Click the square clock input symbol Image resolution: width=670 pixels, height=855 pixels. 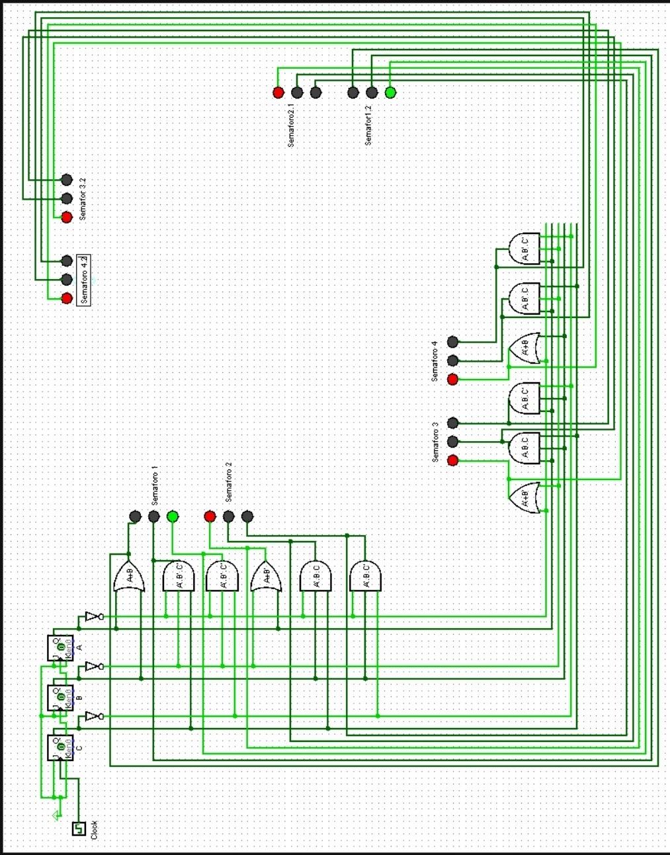(79, 828)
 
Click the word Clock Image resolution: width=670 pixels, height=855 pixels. (94, 830)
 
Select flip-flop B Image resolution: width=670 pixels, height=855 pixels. (60, 698)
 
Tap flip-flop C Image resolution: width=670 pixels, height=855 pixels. (60, 747)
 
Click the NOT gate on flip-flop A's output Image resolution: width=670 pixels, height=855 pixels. (93, 617)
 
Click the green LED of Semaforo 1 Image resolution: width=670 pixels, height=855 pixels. (173, 516)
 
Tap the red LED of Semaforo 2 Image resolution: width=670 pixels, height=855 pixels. (210, 516)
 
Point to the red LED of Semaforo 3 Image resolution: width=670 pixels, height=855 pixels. (452, 460)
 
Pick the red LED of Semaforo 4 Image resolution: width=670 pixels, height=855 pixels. (452, 380)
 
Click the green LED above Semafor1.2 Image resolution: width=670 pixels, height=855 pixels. (390, 93)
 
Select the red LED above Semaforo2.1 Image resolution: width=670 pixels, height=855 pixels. (278, 93)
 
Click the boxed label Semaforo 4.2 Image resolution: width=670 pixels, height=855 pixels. (84, 280)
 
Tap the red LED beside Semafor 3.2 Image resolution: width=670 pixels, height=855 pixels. (66, 217)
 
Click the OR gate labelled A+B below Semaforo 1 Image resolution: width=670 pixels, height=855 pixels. (128, 577)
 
